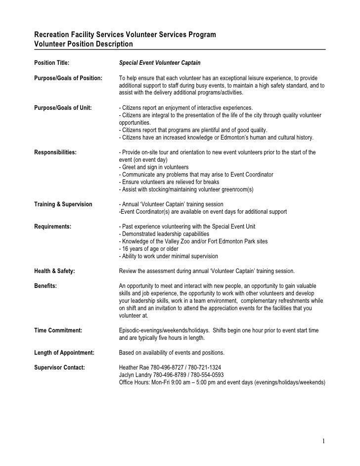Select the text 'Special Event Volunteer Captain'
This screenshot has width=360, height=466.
159,63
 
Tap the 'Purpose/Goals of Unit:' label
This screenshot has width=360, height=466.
62,108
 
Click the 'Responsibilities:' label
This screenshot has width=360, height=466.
55,152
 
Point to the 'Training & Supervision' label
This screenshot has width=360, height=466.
63,204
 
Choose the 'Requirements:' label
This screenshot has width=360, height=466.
52,227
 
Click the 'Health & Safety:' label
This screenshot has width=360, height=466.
54,271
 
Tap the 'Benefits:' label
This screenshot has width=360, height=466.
45,286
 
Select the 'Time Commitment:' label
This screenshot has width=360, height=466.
58,330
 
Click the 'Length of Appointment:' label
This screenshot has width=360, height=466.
63,353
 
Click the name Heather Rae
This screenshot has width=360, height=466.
136,368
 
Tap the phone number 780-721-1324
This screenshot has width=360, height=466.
205,368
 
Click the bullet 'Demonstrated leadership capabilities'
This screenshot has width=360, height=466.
164,234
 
